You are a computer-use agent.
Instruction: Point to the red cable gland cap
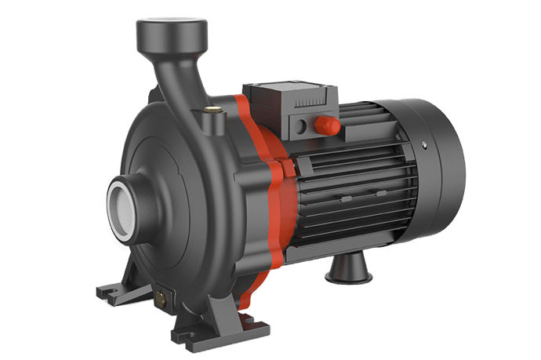tap(327, 124)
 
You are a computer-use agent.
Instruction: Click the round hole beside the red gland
tap(301, 127)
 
